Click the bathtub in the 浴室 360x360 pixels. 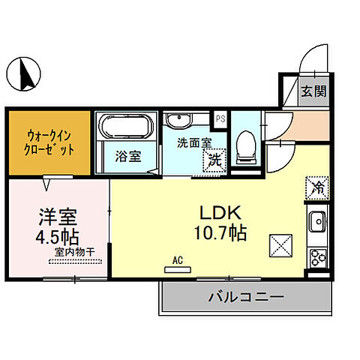pos(126,127)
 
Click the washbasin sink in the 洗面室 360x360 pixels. pos(179,121)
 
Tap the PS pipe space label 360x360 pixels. pos(220,118)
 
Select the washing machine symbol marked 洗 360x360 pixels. pos(216,158)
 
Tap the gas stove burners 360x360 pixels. pos(317,256)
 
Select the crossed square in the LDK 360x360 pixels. pos(280,244)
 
